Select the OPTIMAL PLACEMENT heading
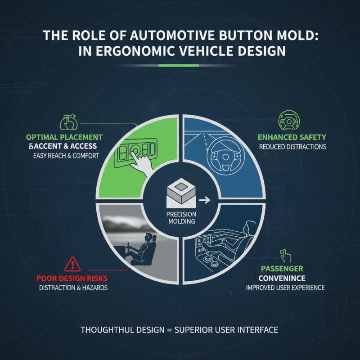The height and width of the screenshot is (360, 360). tap(64, 137)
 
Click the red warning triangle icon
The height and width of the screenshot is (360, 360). tap(72, 264)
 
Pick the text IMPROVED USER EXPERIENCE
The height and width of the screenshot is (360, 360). tap(285, 288)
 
